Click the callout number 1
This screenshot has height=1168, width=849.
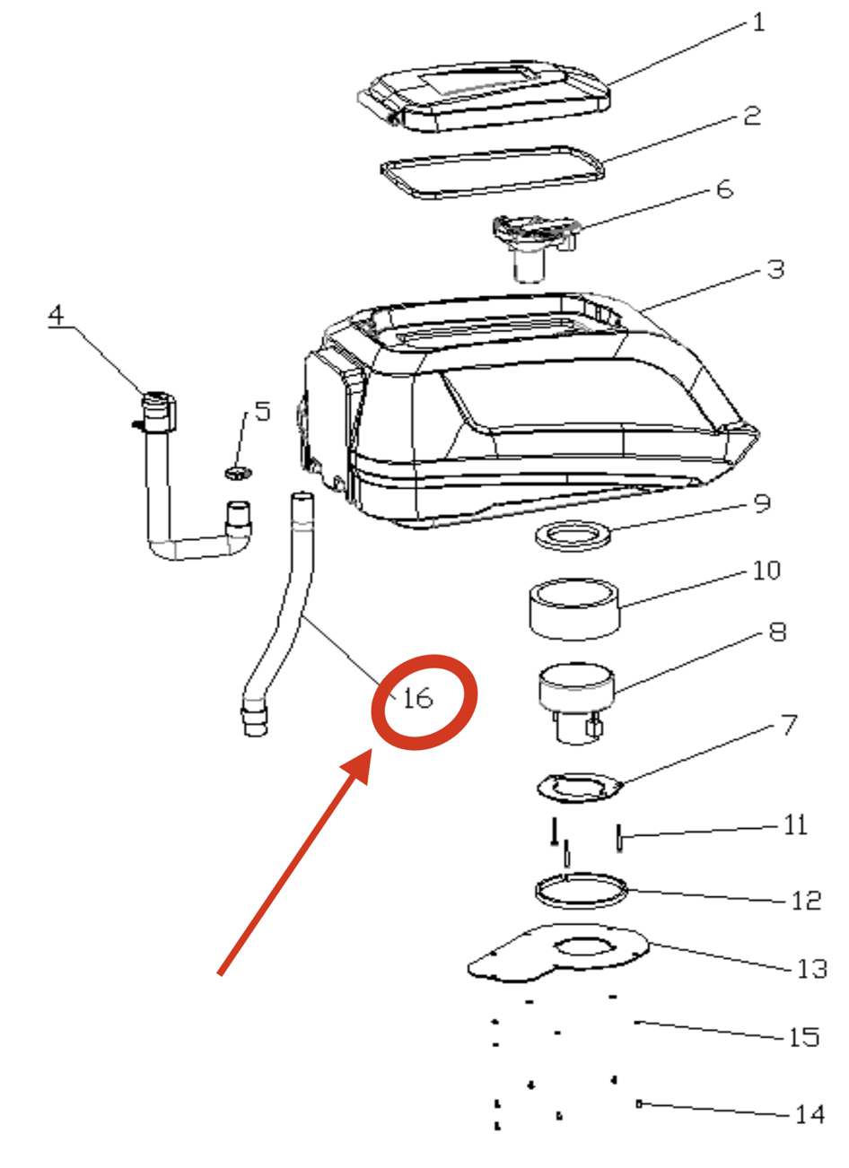(x=758, y=23)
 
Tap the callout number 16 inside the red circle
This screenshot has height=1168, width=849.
(x=418, y=698)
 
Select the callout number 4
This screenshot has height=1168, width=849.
(x=57, y=316)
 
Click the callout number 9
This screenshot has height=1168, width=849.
(x=763, y=503)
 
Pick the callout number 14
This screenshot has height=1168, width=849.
(x=810, y=1115)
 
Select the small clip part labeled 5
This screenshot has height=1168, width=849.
(x=239, y=474)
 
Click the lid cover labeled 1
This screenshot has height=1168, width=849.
(x=490, y=112)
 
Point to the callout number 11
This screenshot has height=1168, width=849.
(x=795, y=825)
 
